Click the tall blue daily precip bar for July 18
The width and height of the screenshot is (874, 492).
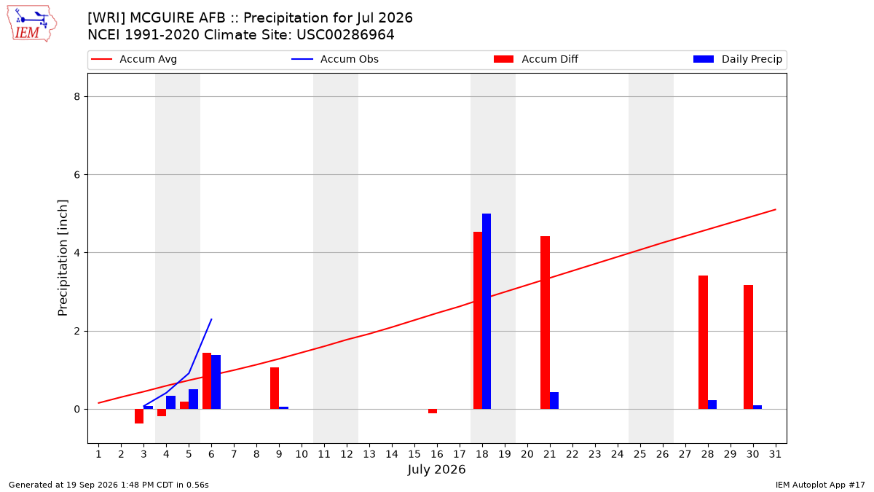[x=487, y=311]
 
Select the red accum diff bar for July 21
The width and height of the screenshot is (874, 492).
[x=545, y=322]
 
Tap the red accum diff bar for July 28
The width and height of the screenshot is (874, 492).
[x=703, y=343]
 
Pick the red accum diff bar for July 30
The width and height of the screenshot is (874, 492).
[x=749, y=347]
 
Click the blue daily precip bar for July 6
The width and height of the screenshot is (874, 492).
[x=216, y=382]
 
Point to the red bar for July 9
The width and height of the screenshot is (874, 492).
[x=275, y=388]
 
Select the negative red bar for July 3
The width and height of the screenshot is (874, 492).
[x=139, y=416]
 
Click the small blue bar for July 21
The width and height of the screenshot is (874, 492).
[x=554, y=401]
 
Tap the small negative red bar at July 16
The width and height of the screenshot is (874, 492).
[x=433, y=411]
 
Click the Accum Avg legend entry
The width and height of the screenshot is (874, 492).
[x=134, y=59]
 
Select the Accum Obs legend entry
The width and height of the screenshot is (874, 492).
[x=335, y=59]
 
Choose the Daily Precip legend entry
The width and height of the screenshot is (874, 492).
[x=737, y=59]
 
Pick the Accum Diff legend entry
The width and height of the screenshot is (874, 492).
[x=536, y=59]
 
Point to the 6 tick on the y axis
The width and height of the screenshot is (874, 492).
[x=77, y=174]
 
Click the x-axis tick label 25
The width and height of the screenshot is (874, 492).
[x=640, y=454]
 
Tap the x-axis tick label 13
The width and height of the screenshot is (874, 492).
[x=369, y=454]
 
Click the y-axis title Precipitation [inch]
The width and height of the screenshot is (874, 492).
[x=63, y=258]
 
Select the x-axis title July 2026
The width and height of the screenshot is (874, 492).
[x=436, y=469]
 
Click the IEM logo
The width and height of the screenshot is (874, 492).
[x=31, y=24]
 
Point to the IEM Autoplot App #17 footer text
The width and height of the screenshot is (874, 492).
[x=820, y=485]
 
